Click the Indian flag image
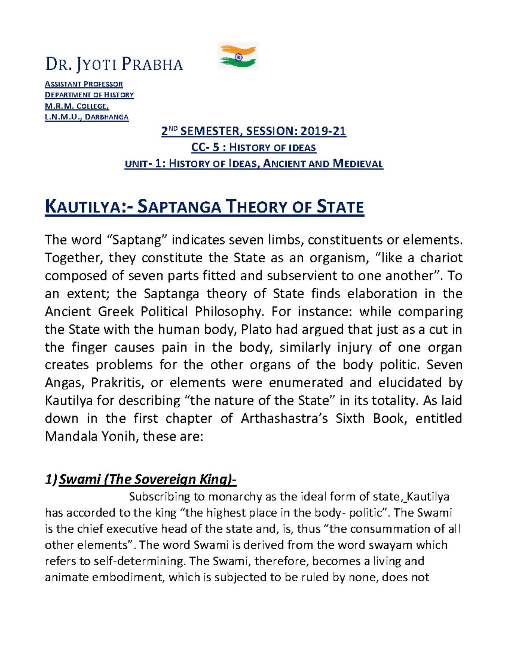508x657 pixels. [238, 56]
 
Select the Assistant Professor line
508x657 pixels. [84, 84]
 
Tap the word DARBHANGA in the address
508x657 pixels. [107, 117]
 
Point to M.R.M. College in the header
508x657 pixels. [77, 106]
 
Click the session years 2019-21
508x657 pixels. [323, 131]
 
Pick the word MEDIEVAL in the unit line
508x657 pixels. [358, 164]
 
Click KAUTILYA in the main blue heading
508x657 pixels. [83, 207]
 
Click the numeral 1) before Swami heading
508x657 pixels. [51, 479]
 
